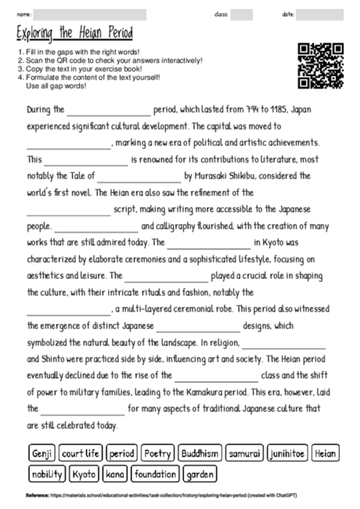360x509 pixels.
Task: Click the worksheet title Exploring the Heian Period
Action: tap(74, 34)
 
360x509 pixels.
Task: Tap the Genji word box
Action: tap(40, 453)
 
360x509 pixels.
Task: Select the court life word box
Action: tap(80, 453)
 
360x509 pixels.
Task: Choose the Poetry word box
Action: tap(157, 453)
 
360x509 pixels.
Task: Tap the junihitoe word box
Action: tap(286, 453)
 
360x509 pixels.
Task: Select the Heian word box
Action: tap(326, 453)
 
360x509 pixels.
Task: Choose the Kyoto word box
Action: tap(85, 474)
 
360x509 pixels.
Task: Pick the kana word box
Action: tap(115, 474)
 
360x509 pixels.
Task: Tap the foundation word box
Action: tap(155, 474)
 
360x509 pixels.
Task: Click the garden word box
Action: tap(200, 474)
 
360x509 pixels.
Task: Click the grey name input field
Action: tap(90, 14)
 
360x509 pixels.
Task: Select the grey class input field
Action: tap(242, 14)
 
